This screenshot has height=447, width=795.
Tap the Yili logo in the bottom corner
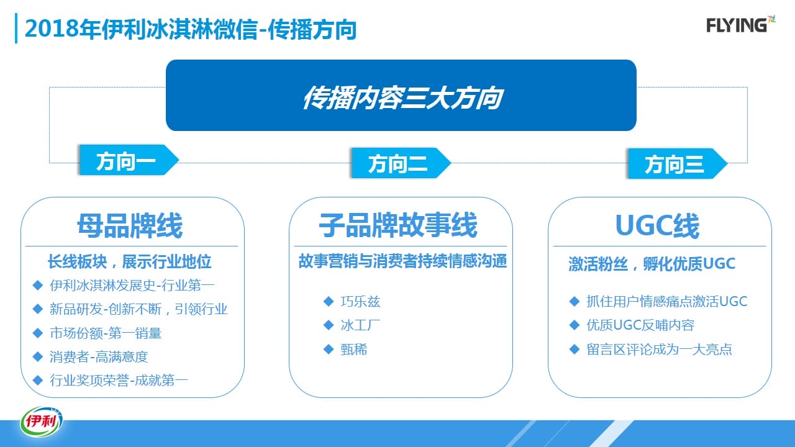(x=42, y=422)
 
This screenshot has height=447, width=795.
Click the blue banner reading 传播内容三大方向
(x=401, y=96)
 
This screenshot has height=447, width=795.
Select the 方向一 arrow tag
(x=129, y=160)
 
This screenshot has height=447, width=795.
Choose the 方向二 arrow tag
(x=401, y=163)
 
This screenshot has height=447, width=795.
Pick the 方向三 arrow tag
(x=678, y=163)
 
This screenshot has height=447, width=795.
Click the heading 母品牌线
(x=130, y=225)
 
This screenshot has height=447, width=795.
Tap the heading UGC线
(x=657, y=225)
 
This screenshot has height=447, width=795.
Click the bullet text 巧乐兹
(x=360, y=302)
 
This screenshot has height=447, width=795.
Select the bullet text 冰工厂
(x=360, y=325)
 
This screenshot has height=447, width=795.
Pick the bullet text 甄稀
(x=354, y=350)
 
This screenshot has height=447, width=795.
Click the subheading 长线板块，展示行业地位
(x=130, y=262)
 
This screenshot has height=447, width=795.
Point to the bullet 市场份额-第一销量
(x=106, y=333)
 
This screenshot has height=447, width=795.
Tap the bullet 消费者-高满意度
(x=99, y=356)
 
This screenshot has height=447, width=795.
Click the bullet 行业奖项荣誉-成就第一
(x=119, y=381)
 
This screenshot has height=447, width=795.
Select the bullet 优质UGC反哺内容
(x=640, y=325)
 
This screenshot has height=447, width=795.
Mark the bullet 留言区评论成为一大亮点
(x=659, y=350)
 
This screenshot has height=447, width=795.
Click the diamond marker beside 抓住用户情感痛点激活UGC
(x=575, y=302)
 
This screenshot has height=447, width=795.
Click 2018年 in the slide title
(x=63, y=29)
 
